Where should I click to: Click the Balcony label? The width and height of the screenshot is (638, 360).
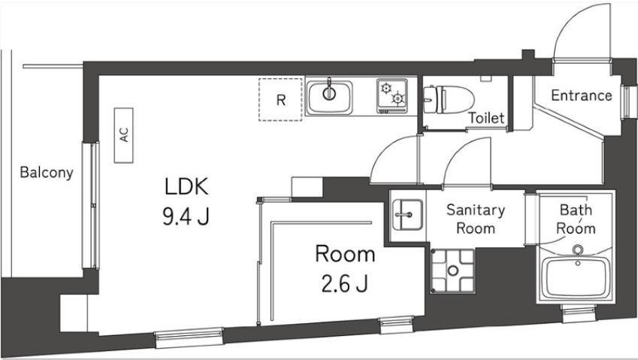(x=46, y=172)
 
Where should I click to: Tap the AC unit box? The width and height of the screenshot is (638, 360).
(x=125, y=135)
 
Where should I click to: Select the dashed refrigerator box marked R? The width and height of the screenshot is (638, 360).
(x=280, y=99)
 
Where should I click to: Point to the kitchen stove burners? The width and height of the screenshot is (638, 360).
(x=392, y=95)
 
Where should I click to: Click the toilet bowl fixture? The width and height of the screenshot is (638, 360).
(x=446, y=97)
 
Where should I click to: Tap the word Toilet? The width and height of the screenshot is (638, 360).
(x=485, y=118)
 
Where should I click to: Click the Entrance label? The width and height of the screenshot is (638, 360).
(x=581, y=95)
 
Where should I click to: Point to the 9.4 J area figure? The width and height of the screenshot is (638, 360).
(x=185, y=217)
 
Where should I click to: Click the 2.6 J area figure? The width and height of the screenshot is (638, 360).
(x=343, y=285)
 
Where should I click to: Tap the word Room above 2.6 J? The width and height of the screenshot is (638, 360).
(x=344, y=254)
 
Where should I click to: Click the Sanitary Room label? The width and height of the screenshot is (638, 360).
(x=475, y=219)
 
